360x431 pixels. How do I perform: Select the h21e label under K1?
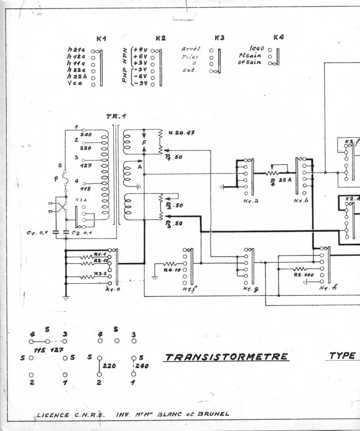[x=76, y=50]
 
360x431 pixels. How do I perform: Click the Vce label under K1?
[x=75, y=83]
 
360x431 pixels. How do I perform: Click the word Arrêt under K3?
[x=191, y=49]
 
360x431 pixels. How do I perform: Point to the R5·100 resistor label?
[x=301, y=275]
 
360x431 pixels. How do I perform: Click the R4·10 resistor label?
[x=172, y=270]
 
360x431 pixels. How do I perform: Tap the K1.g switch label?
[x=251, y=288]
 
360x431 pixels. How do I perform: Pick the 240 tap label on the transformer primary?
[x=86, y=135]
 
